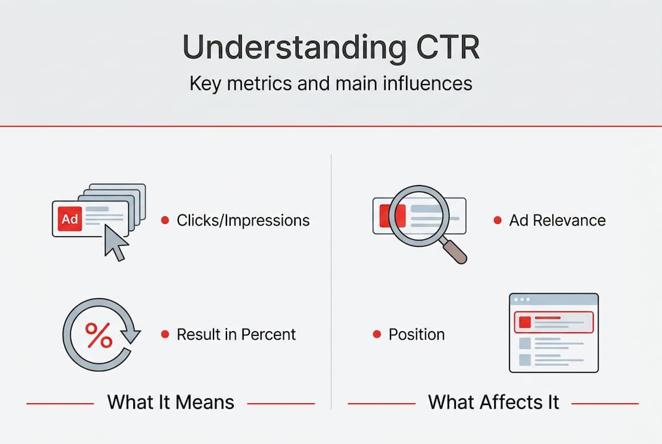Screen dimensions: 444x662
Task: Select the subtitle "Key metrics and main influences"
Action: [x=331, y=83]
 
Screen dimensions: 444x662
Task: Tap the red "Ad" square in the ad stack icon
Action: [x=69, y=219]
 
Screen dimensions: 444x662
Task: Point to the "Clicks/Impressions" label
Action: [x=243, y=220]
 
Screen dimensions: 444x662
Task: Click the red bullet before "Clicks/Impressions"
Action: [x=165, y=220]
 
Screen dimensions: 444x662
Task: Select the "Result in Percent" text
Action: [x=236, y=334]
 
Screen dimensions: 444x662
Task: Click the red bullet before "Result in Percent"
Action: [x=165, y=334]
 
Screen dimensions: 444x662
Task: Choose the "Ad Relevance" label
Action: [x=557, y=220]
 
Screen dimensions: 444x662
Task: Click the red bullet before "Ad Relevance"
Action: [x=497, y=220]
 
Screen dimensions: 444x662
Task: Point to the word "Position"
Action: [x=416, y=334]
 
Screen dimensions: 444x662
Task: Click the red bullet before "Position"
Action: [x=376, y=334]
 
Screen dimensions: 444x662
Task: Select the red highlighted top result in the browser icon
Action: [x=553, y=322]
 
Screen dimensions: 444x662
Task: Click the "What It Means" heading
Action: [x=171, y=403]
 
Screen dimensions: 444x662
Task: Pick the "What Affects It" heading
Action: [x=494, y=403]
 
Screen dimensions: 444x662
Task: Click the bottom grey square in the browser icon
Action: [x=524, y=359]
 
